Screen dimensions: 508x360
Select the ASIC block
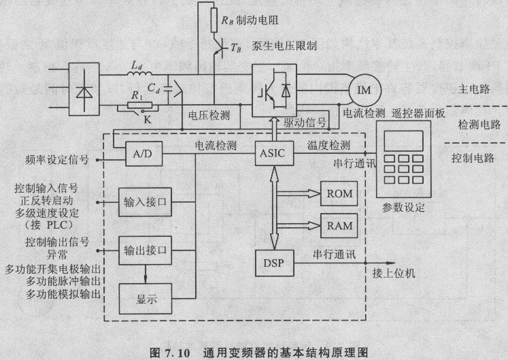pos(275,153)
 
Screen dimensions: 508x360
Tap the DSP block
pos(275,263)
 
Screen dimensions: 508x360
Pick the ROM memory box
pos(339,194)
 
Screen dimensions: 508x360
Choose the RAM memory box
pos(339,226)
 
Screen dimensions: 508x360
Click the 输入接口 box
pos(145,202)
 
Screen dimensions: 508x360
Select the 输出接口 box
pos(145,250)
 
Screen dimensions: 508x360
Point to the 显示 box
pos(146,299)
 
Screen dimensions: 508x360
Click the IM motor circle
pos(365,90)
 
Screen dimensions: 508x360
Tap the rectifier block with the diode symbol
pos(84,89)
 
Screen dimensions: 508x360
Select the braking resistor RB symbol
pos(214,20)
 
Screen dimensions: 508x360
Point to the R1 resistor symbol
pos(139,105)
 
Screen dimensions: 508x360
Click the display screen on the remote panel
pos(404,141)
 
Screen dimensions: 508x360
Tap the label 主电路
pos(474,89)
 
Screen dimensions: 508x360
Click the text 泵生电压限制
pos(284,46)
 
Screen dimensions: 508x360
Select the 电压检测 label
pos(209,115)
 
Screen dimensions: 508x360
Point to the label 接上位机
pos(394,273)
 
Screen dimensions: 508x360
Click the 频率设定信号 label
pos(57,159)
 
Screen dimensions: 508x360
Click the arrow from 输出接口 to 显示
pos(145,274)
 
